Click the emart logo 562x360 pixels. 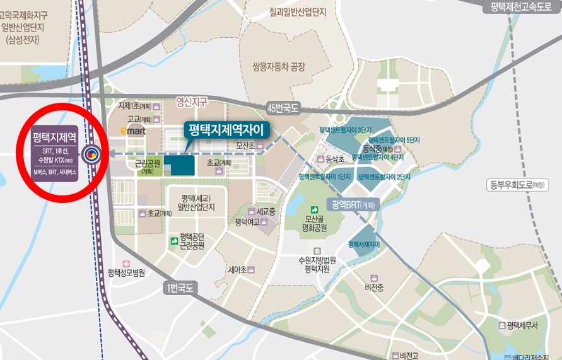point(134,131)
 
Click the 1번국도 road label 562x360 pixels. point(181,288)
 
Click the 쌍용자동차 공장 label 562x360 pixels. point(278,66)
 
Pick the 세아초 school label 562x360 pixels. point(237,269)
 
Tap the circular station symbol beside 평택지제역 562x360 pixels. point(91,152)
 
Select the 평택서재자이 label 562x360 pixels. point(364,244)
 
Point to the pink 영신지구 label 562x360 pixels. point(192,101)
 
